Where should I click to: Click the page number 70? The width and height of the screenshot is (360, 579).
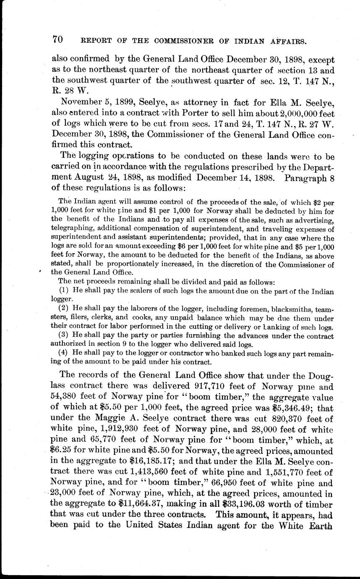click(58, 40)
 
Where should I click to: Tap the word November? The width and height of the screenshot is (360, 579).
click(79, 102)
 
